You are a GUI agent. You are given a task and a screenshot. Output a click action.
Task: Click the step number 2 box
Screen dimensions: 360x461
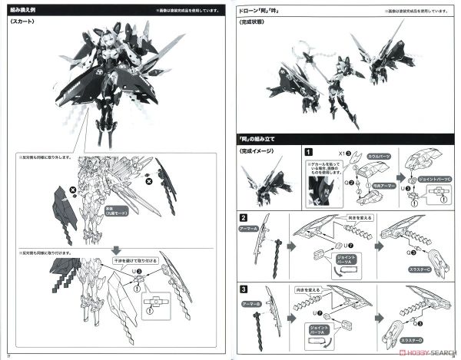pos(244,218)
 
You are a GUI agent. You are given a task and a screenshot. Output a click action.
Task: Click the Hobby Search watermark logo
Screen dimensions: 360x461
pos(415,352)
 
